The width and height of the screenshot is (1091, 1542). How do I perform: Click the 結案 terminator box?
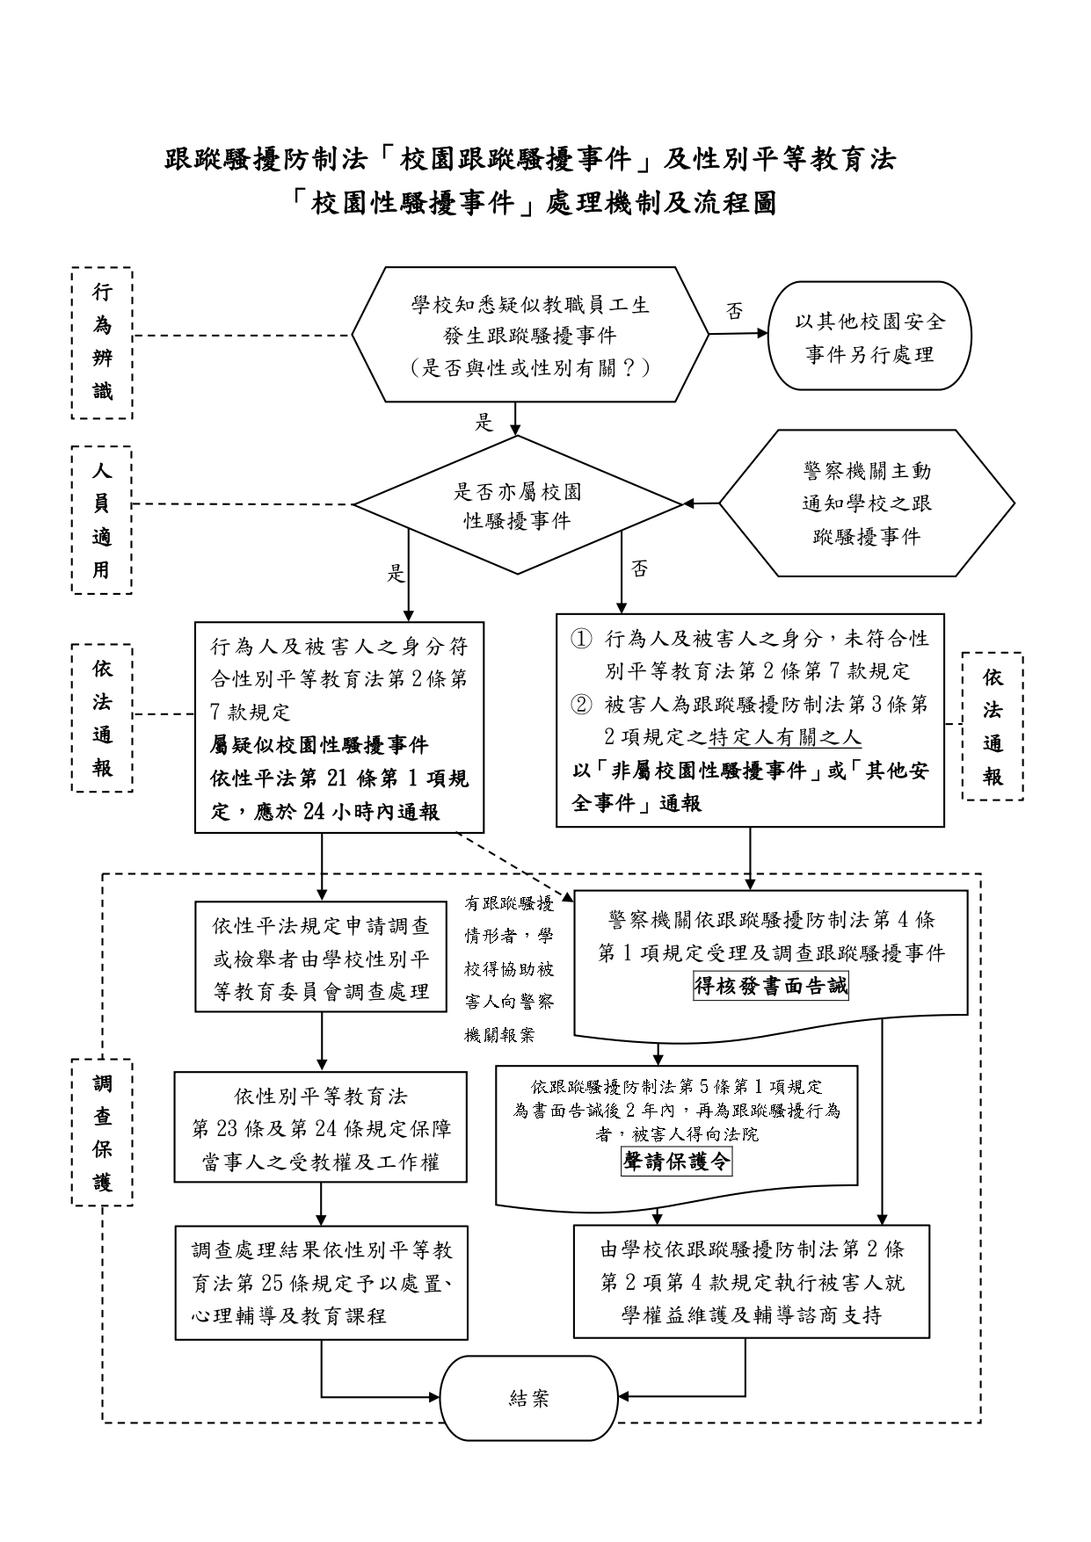click(x=528, y=1398)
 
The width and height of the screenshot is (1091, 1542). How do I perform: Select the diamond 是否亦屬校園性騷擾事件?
click(x=517, y=505)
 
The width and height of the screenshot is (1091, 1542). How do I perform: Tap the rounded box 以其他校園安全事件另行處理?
click(x=869, y=337)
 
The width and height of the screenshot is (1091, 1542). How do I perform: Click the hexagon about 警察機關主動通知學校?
click(x=866, y=503)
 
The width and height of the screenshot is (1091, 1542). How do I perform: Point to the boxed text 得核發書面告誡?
click(x=771, y=986)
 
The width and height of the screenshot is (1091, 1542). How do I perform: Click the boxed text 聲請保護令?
click(x=676, y=1162)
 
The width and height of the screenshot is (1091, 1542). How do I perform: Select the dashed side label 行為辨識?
click(x=102, y=343)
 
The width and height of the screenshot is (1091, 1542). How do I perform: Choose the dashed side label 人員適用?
click(x=102, y=520)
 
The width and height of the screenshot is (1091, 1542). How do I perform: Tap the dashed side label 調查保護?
click(x=102, y=1133)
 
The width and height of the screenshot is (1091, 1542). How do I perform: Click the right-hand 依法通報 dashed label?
click(x=993, y=727)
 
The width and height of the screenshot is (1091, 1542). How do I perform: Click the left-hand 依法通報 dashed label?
click(x=102, y=718)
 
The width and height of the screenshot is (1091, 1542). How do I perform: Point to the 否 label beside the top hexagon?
click(x=734, y=311)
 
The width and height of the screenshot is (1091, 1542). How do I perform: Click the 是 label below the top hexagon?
click(x=484, y=423)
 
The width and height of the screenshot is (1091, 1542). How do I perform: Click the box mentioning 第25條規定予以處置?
click(x=321, y=1283)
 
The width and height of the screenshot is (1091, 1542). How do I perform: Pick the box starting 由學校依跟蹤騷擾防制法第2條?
click(x=752, y=1283)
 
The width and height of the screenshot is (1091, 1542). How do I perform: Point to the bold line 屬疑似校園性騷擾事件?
click(x=319, y=745)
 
